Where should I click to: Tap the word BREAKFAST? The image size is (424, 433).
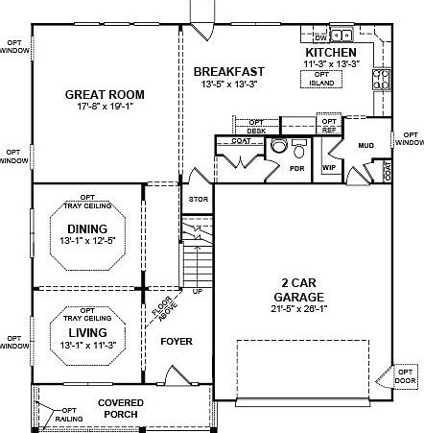click(x=228, y=72)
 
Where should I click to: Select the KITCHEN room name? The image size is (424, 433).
click(x=331, y=52)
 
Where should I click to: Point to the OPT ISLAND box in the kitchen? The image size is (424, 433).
click(x=323, y=80)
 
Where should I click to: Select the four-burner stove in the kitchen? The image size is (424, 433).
click(x=381, y=78)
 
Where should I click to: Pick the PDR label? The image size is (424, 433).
click(x=297, y=166)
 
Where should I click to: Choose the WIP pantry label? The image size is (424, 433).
click(x=328, y=166)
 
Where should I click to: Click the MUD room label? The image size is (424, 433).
click(x=365, y=145)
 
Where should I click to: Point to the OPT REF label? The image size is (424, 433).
click(x=329, y=125)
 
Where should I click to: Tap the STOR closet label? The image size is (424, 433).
click(x=198, y=201)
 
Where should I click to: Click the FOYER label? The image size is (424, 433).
click(x=177, y=341)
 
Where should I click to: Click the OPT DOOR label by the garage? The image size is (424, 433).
click(x=407, y=375)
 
